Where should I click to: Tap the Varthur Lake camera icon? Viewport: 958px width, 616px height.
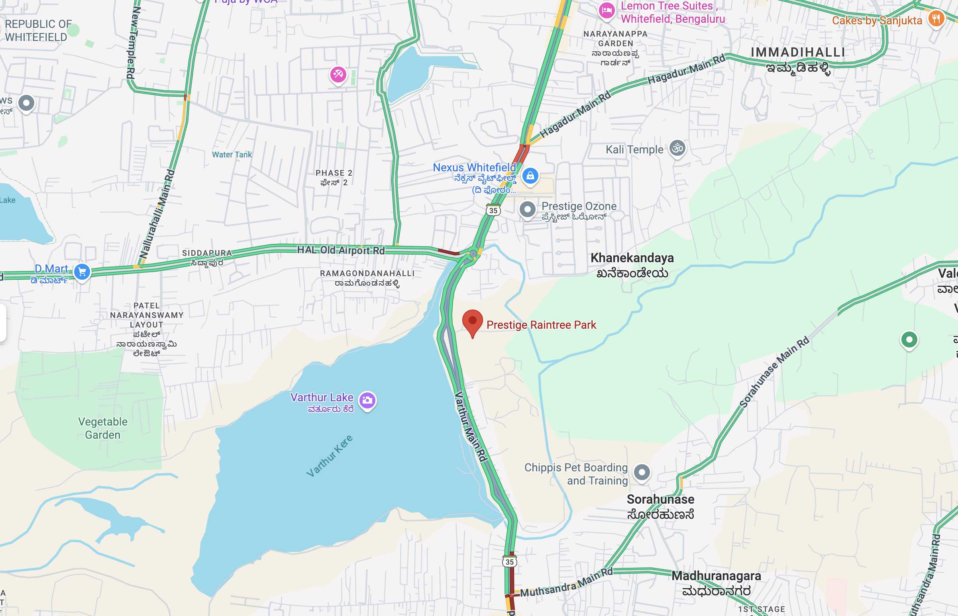click(367, 400)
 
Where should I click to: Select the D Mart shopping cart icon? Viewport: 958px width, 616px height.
click(82, 272)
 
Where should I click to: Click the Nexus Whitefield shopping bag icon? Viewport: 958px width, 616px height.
click(530, 176)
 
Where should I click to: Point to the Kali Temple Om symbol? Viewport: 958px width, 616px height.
click(677, 148)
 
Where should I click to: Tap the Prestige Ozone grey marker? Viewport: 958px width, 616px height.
click(527, 209)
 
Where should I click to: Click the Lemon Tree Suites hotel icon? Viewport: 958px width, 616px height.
click(607, 10)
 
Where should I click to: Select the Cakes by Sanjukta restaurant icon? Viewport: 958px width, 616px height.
click(936, 18)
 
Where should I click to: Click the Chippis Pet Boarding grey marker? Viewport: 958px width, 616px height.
click(642, 473)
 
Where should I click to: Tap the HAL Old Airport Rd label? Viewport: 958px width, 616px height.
click(341, 250)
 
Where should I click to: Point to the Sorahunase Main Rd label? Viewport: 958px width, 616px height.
click(774, 372)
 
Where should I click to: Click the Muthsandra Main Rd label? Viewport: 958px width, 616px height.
click(566, 583)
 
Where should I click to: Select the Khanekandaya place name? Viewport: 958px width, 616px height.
click(632, 258)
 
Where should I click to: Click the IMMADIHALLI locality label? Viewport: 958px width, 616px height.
click(797, 53)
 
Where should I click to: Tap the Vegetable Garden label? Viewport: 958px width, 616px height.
click(103, 428)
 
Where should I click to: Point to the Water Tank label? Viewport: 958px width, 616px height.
click(232, 155)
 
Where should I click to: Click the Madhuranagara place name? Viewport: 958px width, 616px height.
click(716, 576)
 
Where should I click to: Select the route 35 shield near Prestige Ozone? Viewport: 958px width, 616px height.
click(493, 210)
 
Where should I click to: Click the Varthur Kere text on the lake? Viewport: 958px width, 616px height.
click(330, 456)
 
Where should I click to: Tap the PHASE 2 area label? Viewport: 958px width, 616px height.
click(334, 173)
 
